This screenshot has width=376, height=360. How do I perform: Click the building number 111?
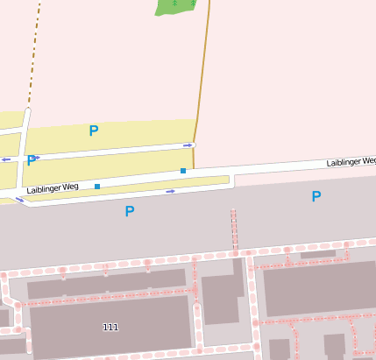pyautogui.click(x=110, y=328)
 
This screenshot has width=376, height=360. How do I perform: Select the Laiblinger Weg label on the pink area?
pyautogui.click(x=351, y=162)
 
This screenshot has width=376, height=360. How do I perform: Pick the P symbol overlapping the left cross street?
pyautogui.click(x=32, y=160)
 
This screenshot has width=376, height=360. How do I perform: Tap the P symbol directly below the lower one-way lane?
pyautogui.click(x=130, y=211)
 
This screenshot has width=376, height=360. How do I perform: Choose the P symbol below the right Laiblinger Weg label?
pyautogui.click(x=316, y=197)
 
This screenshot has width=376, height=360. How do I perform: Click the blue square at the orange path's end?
pyautogui.click(x=183, y=170)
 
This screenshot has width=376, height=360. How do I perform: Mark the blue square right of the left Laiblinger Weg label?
pyautogui.click(x=97, y=186)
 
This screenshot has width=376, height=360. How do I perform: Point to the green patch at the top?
pyautogui.click(x=174, y=7)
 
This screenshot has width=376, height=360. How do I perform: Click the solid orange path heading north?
pyautogui.click(x=202, y=79)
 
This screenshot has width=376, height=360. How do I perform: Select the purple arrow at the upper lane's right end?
pyautogui.click(x=188, y=145)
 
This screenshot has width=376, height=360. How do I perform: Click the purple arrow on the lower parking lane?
pyautogui.click(x=170, y=191)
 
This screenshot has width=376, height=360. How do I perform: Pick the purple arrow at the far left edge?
pyautogui.click(x=5, y=159)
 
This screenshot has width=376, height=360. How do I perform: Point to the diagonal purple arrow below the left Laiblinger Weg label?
pyautogui.click(x=20, y=201)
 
